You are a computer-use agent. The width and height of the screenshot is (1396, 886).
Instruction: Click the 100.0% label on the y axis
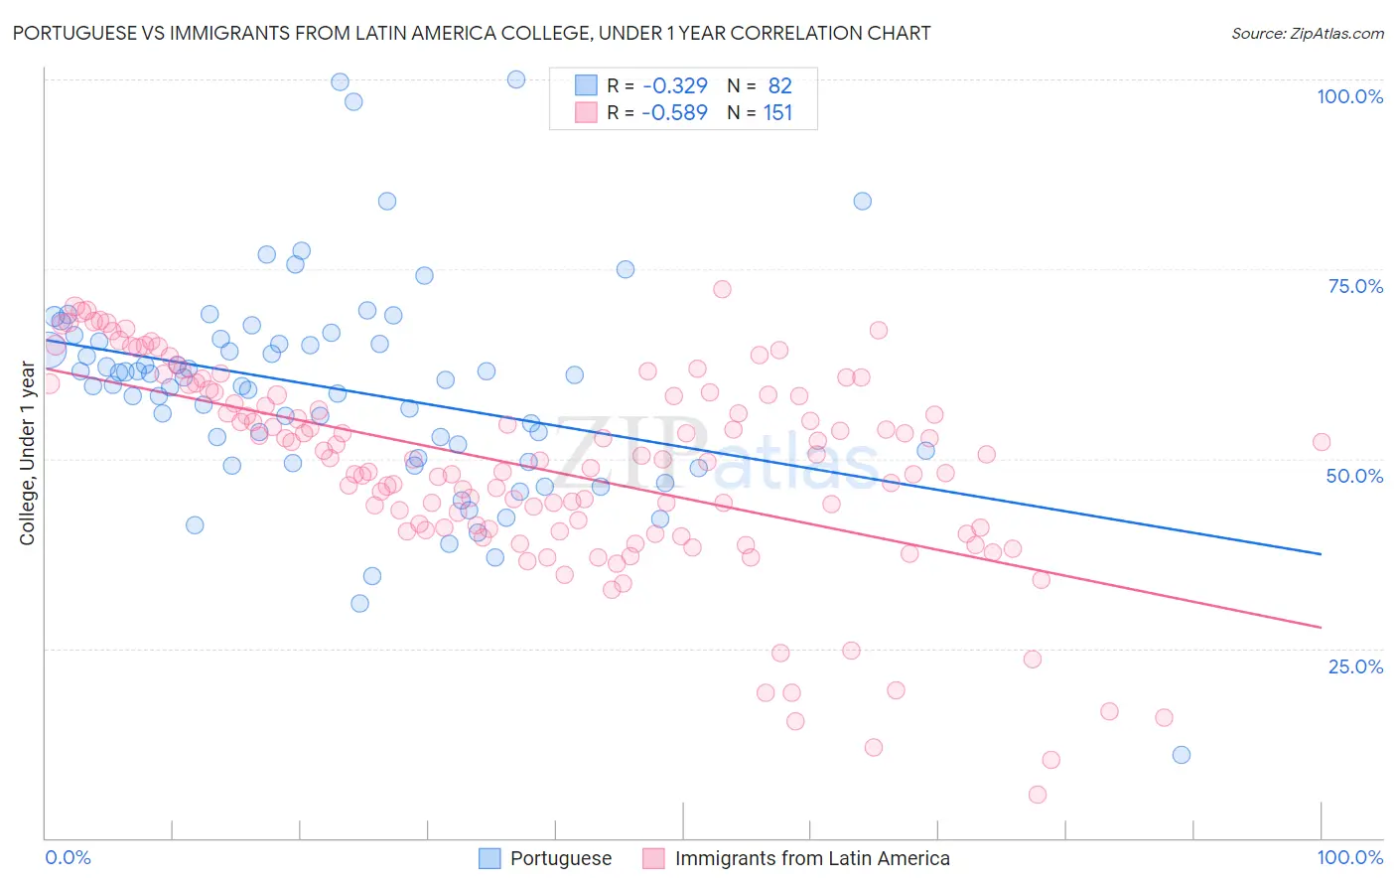[x=1349, y=96]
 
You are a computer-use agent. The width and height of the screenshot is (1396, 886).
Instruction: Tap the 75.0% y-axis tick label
[x=1355, y=286]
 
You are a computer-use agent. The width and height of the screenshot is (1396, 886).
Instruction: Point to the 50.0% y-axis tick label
[x=1354, y=476]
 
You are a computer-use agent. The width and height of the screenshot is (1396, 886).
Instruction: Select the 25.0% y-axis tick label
[x=1355, y=665]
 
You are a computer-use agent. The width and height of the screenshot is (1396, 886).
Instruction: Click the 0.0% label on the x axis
[x=68, y=857]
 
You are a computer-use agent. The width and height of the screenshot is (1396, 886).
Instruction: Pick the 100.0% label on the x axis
[x=1349, y=857]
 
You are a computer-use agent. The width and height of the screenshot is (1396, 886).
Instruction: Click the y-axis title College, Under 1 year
[x=27, y=454]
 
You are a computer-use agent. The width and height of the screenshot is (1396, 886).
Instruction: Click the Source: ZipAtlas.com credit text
[x=1307, y=33]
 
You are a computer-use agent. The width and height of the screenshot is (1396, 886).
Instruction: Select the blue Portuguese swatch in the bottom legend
[x=489, y=858]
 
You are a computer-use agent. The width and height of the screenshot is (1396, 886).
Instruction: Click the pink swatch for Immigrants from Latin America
[x=653, y=858]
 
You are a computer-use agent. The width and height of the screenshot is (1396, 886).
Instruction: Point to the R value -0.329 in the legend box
[x=674, y=85]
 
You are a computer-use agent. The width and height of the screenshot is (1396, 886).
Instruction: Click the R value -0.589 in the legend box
[x=674, y=112]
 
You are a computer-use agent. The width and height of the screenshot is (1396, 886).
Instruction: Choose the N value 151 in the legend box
[x=777, y=112]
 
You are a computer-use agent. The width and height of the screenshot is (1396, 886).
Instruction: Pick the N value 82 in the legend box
[x=779, y=85]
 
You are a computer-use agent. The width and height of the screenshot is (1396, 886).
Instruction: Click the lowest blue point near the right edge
[x=1181, y=755]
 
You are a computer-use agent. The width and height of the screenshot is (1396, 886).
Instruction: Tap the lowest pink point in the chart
[x=1038, y=795]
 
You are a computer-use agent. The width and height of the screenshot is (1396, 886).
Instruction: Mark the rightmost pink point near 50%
[x=1321, y=442]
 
